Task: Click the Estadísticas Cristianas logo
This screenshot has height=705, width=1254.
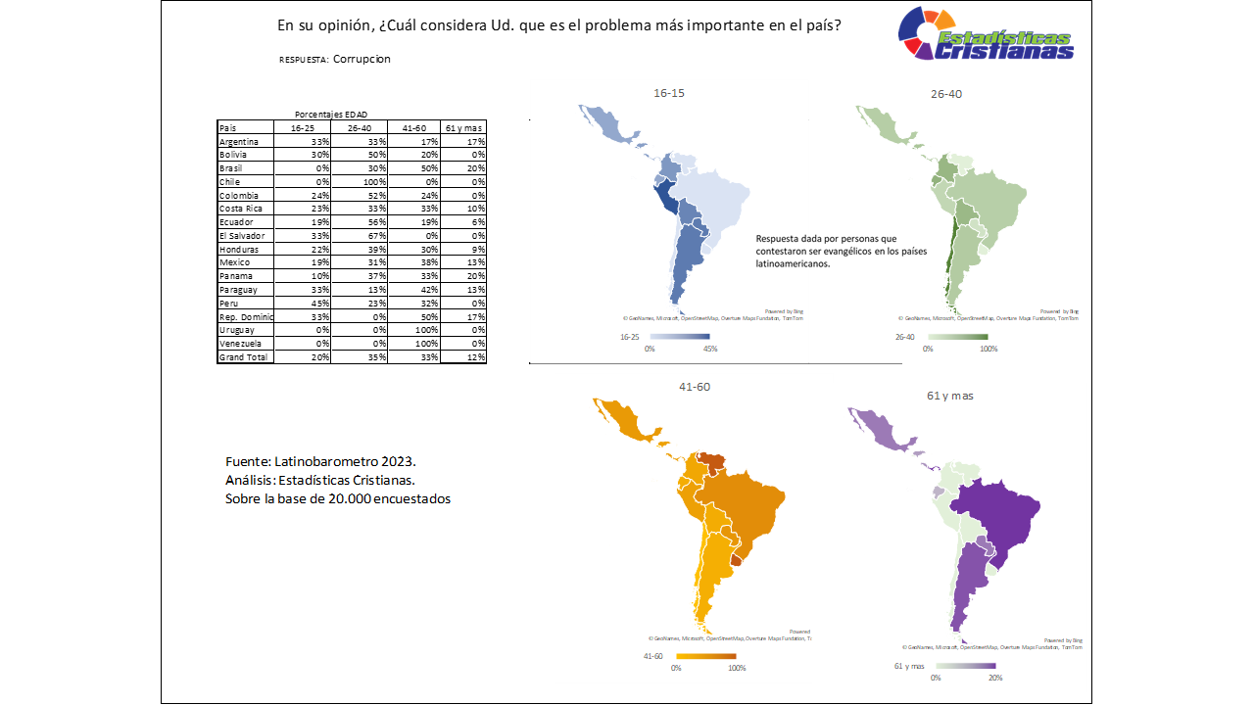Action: (x=986, y=37)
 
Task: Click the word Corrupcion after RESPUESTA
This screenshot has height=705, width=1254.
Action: (x=362, y=59)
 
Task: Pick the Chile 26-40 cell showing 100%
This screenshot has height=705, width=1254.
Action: (x=360, y=182)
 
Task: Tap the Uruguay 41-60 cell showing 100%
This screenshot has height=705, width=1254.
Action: (x=414, y=330)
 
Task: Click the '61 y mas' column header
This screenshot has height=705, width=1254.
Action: (x=463, y=128)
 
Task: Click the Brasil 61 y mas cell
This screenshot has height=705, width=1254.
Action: (x=463, y=168)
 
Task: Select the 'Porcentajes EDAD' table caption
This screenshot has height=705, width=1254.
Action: (x=331, y=115)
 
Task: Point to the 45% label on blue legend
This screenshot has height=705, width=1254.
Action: (x=710, y=349)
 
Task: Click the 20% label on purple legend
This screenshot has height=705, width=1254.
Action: (x=994, y=678)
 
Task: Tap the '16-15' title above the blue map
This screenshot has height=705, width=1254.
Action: (x=669, y=94)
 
